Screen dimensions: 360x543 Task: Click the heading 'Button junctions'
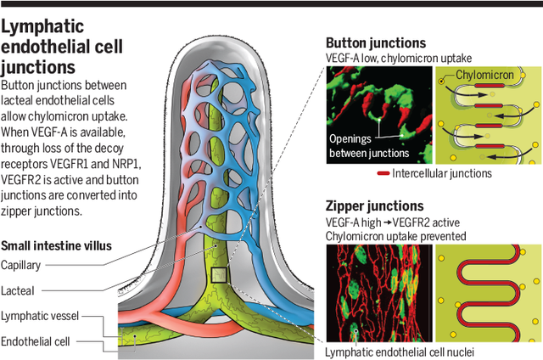coord(376,42)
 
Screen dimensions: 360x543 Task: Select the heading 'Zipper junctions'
coord(374,205)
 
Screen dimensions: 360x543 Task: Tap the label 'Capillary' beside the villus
coord(21,265)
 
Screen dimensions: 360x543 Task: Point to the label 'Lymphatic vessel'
coord(40,316)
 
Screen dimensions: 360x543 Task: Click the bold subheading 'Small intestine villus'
coord(57,247)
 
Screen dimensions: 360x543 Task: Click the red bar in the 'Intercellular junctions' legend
coord(383,174)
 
